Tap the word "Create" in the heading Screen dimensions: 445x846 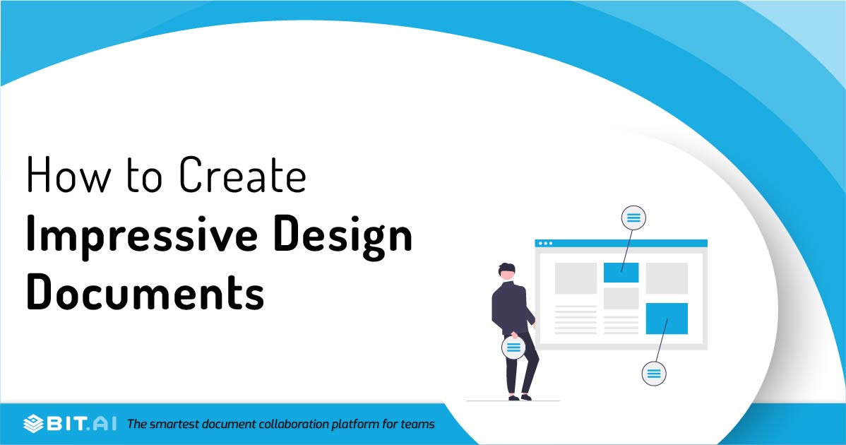[x=242, y=175]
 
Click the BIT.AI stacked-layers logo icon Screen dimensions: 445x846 [x=34, y=424]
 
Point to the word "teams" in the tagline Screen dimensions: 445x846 [x=418, y=425]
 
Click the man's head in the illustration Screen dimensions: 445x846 [x=506, y=271]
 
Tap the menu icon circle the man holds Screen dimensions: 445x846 [x=513, y=348]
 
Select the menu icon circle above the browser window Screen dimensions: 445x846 [x=633, y=218]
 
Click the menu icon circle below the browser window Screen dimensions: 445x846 [x=654, y=372]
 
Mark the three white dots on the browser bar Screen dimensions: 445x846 [x=546, y=243]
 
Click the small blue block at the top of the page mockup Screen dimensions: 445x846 [x=621, y=272]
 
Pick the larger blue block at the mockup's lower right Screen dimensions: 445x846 [x=667, y=318]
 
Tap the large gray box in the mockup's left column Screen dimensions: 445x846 [x=576, y=278]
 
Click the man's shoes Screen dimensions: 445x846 [x=518, y=398]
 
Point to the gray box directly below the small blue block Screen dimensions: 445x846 [x=621, y=298]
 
